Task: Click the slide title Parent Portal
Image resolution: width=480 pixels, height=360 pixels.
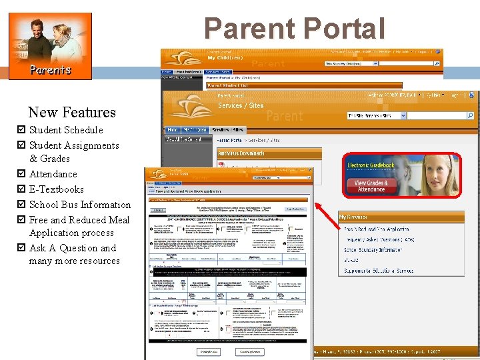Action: (295, 29)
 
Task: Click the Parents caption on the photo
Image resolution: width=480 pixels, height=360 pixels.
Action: (49, 69)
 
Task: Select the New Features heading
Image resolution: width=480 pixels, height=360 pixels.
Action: (72, 112)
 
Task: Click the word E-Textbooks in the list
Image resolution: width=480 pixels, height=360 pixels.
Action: (57, 189)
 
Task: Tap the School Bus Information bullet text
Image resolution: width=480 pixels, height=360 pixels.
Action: (80, 205)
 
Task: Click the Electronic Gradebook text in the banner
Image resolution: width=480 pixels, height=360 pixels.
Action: (371, 165)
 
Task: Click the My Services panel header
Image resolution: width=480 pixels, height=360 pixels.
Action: (353, 217)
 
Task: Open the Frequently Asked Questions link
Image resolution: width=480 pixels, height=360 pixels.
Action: (379, 239)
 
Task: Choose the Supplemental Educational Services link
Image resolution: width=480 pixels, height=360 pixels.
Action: (378, 271)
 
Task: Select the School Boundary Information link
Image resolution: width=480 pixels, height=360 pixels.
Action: (373, 249)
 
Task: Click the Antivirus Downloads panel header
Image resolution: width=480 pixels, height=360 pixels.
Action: (241, 153)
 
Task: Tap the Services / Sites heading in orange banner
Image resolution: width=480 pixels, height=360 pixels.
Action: (241, 105)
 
